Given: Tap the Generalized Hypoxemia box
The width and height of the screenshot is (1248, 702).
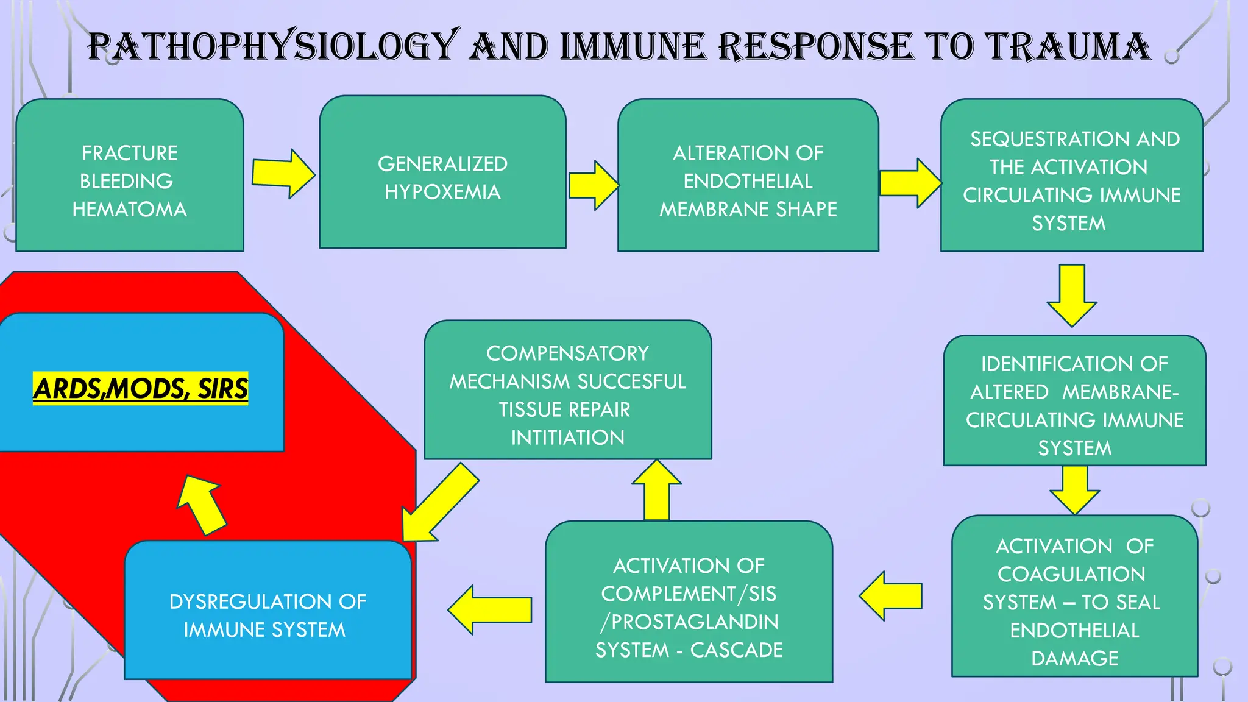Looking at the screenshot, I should coord(442,177).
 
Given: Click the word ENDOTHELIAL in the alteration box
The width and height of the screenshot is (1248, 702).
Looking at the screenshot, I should coord(748,181).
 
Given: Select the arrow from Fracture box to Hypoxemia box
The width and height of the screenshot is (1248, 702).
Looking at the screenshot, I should coord(283,174).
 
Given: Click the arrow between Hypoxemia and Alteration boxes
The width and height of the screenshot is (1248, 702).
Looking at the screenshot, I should coord(593,185).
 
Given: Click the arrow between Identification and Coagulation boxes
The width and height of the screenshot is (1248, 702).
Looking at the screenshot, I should coord(1074,489).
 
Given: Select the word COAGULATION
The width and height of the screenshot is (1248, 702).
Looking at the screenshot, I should coord(1071,574).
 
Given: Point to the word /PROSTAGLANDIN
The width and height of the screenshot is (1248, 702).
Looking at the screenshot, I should coord(689,622).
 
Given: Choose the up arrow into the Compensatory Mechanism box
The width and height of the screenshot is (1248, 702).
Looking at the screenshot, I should coord(656,491).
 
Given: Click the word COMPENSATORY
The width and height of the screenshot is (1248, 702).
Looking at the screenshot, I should coord(567,353).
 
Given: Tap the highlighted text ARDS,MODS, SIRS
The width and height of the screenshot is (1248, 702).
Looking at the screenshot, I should coord(141,388).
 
